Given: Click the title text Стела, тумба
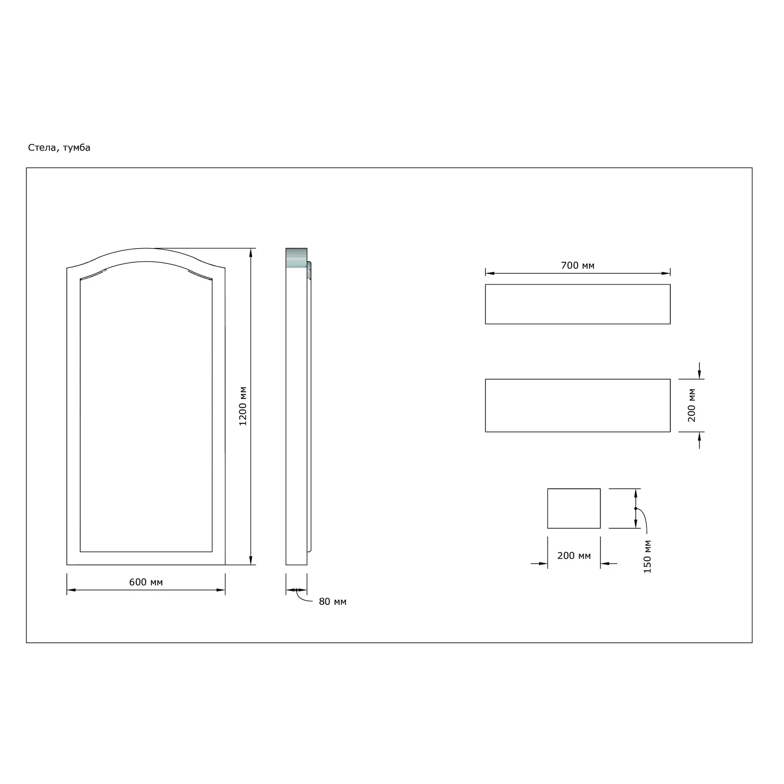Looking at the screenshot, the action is coord(59,148).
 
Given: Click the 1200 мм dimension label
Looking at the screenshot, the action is coord(243,406).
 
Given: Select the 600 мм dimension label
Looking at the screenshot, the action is coord(146,583).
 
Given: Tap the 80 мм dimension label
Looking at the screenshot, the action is coord(333,602).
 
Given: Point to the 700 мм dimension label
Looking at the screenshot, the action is coord(578,265).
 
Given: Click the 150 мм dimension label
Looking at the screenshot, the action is coord(648,557).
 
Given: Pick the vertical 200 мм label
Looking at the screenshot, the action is coord(692,405).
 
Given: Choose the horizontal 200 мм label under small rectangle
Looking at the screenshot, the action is coord(574,555).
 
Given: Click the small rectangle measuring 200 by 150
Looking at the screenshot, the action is coord(574,508).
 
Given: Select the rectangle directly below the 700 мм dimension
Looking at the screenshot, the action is coord(578,304).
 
